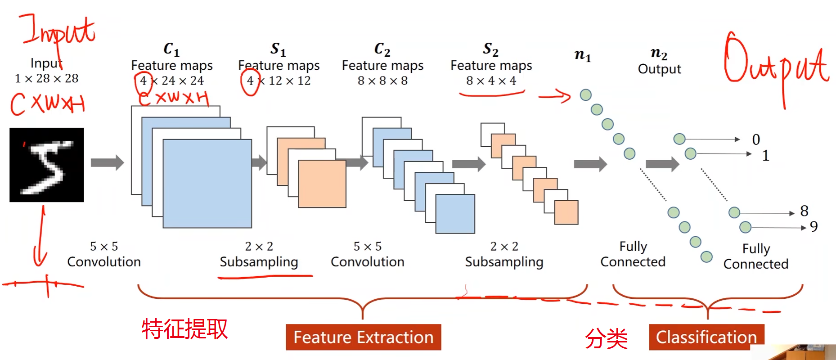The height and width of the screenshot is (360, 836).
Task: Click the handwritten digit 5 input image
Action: (x=47, y=165)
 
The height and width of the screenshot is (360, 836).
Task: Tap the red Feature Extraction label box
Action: (x=363, y=337)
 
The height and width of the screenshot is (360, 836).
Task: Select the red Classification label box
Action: (x=706, y=337)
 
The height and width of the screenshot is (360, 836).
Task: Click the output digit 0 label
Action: (x=756, y=139)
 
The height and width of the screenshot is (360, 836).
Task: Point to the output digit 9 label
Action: (x=814, y=226)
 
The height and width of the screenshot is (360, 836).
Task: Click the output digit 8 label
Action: (x=804, y=211)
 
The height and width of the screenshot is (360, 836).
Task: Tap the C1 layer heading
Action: (x=171, y=49)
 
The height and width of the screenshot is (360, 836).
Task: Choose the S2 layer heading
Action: (x=491, y=49)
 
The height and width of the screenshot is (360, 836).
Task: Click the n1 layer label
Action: (x=583, y=55)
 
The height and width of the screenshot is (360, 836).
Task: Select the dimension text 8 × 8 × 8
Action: (x=382, y=81)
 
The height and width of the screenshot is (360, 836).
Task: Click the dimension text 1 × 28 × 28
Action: (x=46, y=79)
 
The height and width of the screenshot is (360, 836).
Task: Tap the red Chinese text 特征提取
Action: (x=184, y=329)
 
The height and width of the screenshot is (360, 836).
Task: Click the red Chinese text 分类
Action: (x=606, y=338)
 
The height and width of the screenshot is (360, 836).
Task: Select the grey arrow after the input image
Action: (x=107, y=162)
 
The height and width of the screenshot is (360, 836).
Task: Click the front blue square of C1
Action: (x=207, y=184)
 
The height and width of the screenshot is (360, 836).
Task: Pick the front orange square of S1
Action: (x=322, y=184)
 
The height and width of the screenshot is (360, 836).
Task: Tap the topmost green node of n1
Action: (x=585, y=95)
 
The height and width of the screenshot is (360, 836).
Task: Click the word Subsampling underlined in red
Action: (x=259, y=262)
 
